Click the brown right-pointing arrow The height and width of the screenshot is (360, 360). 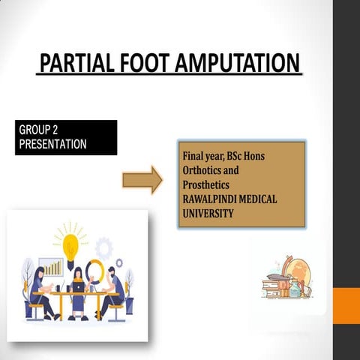[x=142, y=180]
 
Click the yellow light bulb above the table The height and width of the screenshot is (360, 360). [x=71, y=245]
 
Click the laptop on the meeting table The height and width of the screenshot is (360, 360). [x=78, y=287]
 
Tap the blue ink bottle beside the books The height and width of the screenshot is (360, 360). [x=295, y=289]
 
